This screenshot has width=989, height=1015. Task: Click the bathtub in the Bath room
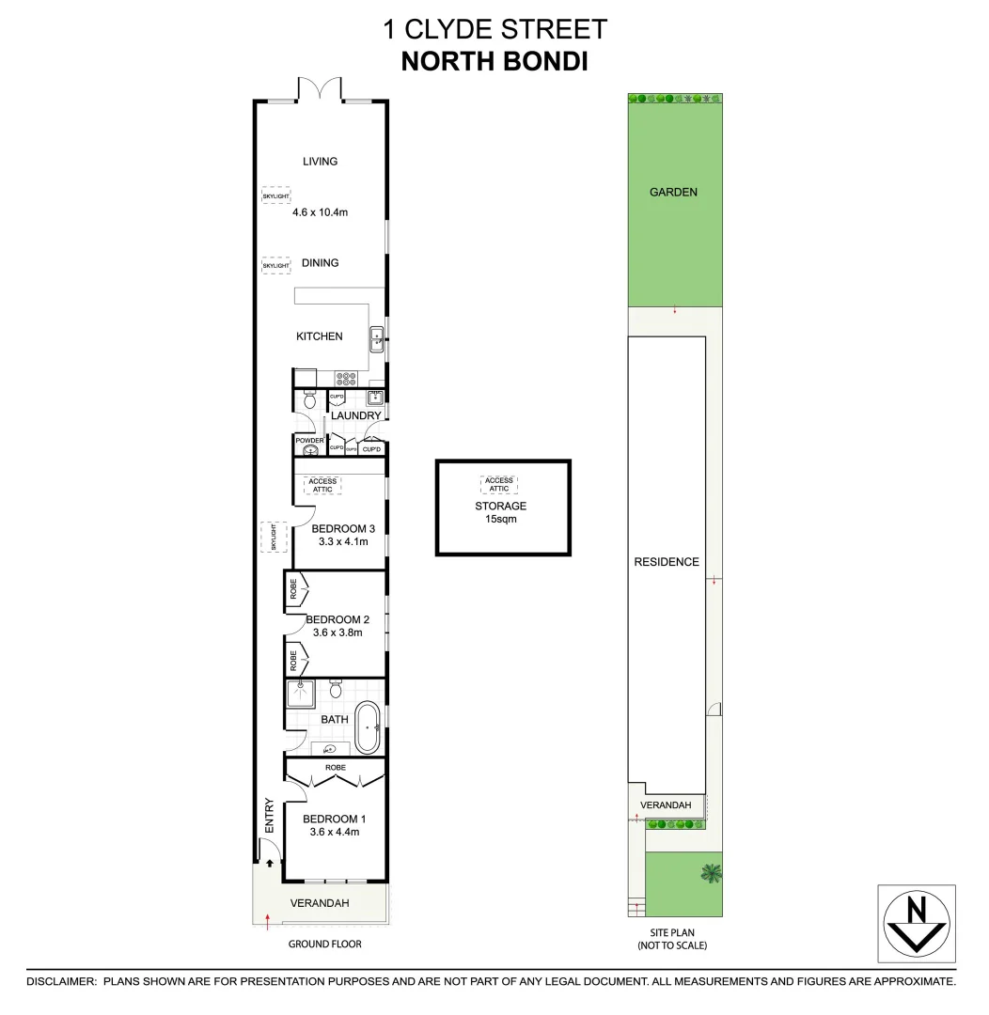tap(368, 726)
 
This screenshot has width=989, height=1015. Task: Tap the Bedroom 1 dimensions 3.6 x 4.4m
tap(332, 832)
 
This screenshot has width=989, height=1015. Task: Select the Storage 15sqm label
tap(500, 512)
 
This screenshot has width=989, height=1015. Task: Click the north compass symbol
tap(917, 924)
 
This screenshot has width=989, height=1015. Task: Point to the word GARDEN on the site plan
tap(674, 192)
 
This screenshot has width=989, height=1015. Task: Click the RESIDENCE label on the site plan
tap(667, 562)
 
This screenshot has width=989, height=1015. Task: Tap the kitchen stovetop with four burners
tap(346, 379)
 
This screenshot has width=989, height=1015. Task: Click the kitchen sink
tap(375, 337)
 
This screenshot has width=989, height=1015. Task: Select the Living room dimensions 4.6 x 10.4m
tap(320, 212)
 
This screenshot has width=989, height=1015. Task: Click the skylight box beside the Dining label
tap(275, 266)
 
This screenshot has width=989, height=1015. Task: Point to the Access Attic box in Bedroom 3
tap(322, 486)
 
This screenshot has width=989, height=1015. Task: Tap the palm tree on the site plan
tap(712, 872)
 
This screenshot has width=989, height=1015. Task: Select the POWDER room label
tap(309, 440)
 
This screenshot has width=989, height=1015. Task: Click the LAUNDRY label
tap(356, 415)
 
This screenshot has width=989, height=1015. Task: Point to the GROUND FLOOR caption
tap(325, 944)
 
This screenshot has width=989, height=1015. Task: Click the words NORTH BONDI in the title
tap(494, 62)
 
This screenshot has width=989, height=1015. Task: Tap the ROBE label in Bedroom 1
tap(336, 768)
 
